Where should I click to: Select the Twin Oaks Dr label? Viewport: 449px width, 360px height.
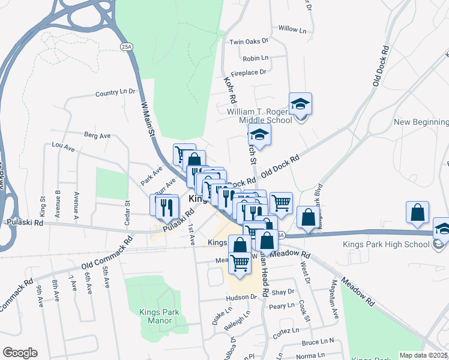click(x=249, y=42)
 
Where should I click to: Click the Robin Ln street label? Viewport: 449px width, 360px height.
click(x=255, y=58)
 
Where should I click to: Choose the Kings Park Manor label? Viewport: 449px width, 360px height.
click(x=156, y=316)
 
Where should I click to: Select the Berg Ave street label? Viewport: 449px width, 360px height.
click(x=97, y=136)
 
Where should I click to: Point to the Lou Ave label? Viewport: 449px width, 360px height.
click(x=63, y=146)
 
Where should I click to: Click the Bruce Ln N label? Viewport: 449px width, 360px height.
click(x=318, y=342)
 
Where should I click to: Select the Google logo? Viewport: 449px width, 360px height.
click(x=20, y=353)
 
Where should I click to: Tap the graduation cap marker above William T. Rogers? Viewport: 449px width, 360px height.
click(x=300, y=104)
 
